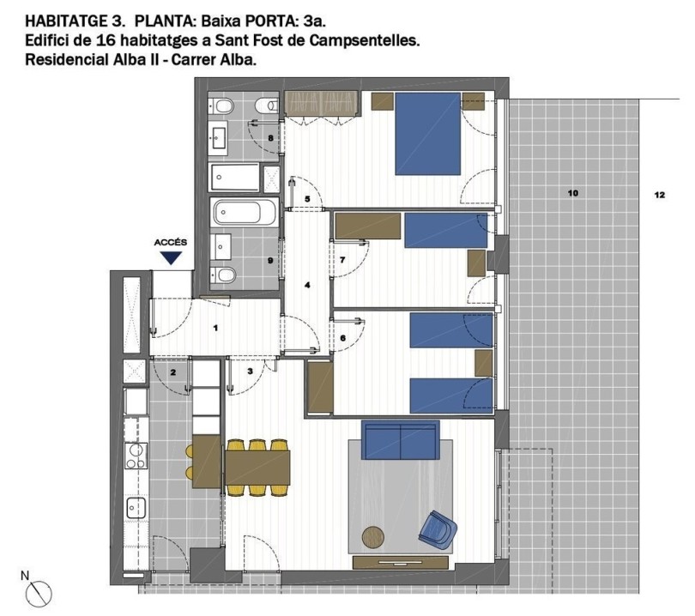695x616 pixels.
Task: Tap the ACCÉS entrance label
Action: [170, 243]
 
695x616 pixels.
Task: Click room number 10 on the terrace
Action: [572, 194]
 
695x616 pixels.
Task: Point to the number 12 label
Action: [659, 195]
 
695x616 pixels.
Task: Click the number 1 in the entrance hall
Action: [216, 328]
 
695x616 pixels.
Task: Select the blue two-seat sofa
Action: [401, 439]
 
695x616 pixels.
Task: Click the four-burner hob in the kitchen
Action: [136, 455]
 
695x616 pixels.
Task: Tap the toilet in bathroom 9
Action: [225, 275]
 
